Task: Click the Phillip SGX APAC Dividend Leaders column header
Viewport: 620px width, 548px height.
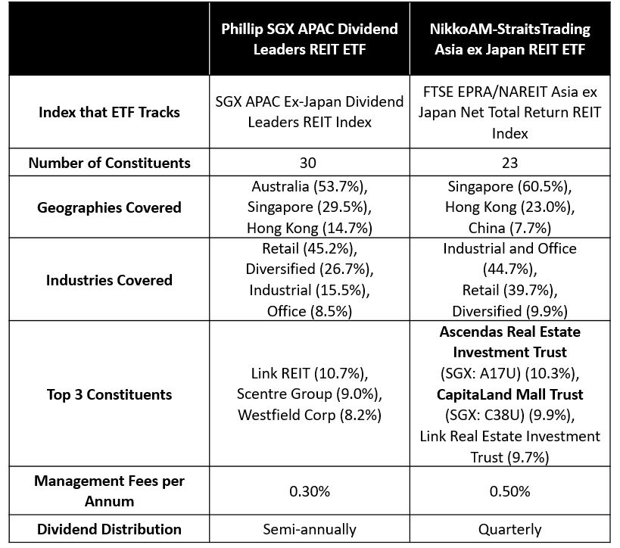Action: tap(310, 39)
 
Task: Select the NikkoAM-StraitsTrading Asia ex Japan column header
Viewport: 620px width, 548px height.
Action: tap(512, 39)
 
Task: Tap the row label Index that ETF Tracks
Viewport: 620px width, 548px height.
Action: tap(110, 113)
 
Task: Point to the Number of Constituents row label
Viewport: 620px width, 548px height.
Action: tap(110, 162)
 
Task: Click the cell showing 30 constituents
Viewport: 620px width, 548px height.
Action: tap(310, 162)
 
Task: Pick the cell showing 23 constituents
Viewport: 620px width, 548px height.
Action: tap(512, 162)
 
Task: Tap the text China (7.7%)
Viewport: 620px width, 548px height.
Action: tap(512, 227)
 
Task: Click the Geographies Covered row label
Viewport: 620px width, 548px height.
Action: tap(110, 207)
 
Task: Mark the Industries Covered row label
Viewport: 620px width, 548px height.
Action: tap(110, 280)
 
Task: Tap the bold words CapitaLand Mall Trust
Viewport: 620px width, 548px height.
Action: tap(510, 394)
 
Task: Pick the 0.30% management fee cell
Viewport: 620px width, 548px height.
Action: tap(310, 490)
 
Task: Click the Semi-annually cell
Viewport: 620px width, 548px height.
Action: tap(310, 529)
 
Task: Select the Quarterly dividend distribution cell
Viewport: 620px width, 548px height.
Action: tap(512, 529)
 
